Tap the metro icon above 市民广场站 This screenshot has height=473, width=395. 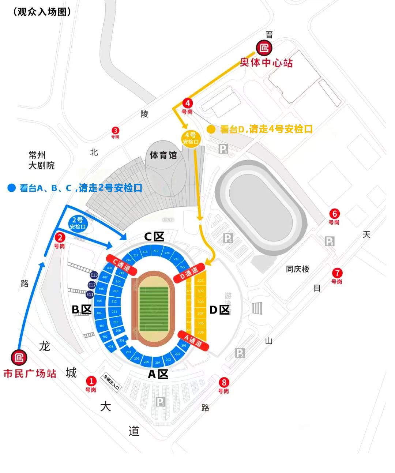click(x=19, y=358)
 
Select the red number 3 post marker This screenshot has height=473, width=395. click(x=115, y=131)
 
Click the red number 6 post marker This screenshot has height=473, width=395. click(x=334, y=214)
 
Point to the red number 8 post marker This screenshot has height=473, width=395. click(x=223, y=383)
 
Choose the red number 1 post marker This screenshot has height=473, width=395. click(x=91, y=381)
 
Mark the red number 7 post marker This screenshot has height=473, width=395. click(x=337, y=273)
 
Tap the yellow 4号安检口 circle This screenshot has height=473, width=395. click(x=191, y=139)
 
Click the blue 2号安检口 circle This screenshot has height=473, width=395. click(x=78, y=223)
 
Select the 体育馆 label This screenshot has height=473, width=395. click(x=163, y=155)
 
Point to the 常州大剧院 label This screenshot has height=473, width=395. click(x=41, y=160)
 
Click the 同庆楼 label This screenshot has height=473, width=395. click(x=297, y=269)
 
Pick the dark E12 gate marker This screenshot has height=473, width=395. click(x=92, y=285)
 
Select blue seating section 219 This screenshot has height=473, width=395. click(x=156, y=251)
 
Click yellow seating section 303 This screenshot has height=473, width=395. click(x=200, y=302)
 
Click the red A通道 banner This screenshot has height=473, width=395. click(x=193, y=341)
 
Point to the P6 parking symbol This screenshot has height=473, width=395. click(x=330, y=241)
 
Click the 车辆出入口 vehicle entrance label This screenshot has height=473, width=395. click(x=111, y=383)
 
